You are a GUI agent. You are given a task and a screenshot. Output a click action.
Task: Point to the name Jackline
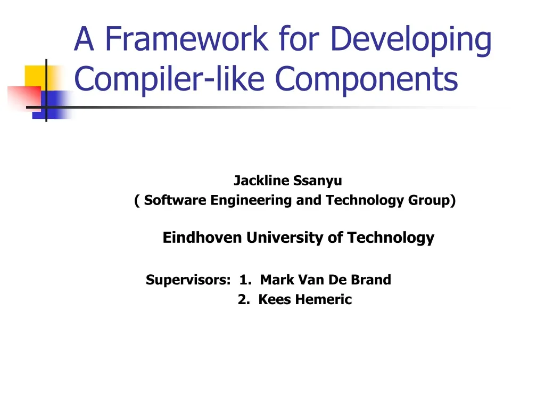point(259,181)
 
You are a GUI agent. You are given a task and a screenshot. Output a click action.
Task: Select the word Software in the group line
point(176,200)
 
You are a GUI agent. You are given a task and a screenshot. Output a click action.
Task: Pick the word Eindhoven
point(202,238)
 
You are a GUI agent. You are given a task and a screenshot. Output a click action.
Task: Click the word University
point(285,238)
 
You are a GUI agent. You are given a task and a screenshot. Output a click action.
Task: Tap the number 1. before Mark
point(246,280)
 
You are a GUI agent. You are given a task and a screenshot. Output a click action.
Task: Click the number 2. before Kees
point(244,299)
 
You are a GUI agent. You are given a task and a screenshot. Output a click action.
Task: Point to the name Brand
point(373,280)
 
